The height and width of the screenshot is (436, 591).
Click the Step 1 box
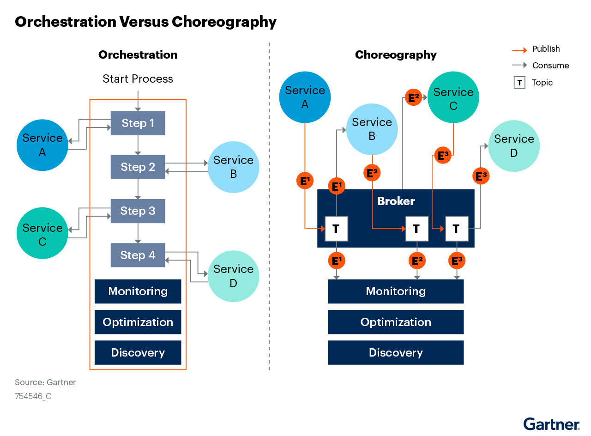(138, 123)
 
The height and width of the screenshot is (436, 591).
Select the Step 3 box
(138, 211)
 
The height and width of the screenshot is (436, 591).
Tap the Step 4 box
(138, 255)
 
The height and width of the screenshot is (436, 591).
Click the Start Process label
(138, 79)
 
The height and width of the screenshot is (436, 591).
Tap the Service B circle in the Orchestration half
(233, 167)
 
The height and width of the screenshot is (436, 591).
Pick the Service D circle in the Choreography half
(514, 146)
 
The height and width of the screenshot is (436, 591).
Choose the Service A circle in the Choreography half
(305, 97)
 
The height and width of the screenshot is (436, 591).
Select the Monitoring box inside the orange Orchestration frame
(138, 291)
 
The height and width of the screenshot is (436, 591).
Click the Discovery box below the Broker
(396, 353)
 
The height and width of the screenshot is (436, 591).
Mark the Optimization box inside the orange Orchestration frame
(138, 322)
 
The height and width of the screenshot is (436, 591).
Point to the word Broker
(396, 201)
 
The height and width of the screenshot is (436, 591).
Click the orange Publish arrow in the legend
(519, 49)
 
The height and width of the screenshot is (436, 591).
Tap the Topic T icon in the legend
(519, 83)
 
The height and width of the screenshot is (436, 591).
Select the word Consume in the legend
(550, 66)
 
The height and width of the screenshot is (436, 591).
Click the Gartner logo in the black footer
(551, 424)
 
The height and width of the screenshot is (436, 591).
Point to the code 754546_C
(33, 396)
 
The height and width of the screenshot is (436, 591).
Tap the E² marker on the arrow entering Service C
(413, 98)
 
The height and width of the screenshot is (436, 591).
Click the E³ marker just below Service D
(481, 176)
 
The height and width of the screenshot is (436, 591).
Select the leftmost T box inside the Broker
(336, 228)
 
